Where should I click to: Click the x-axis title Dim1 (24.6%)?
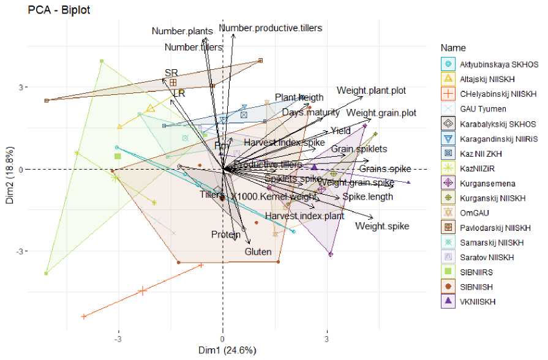tap(222, 351)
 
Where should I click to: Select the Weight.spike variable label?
tap(381, 227)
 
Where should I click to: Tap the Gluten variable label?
tap(258, 252)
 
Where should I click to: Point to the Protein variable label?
tap(226, 234)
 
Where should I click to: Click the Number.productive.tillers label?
tap(270, 28)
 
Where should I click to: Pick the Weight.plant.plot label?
tap(371, 91)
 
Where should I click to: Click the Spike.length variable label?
tap(364, 197)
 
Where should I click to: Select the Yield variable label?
tap(341, 130)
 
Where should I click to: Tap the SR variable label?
tap(171, 73)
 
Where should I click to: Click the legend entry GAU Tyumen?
tap(483, 108)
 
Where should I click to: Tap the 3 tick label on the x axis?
tap(327, 339)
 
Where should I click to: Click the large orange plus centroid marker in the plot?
tap(143, 291)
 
